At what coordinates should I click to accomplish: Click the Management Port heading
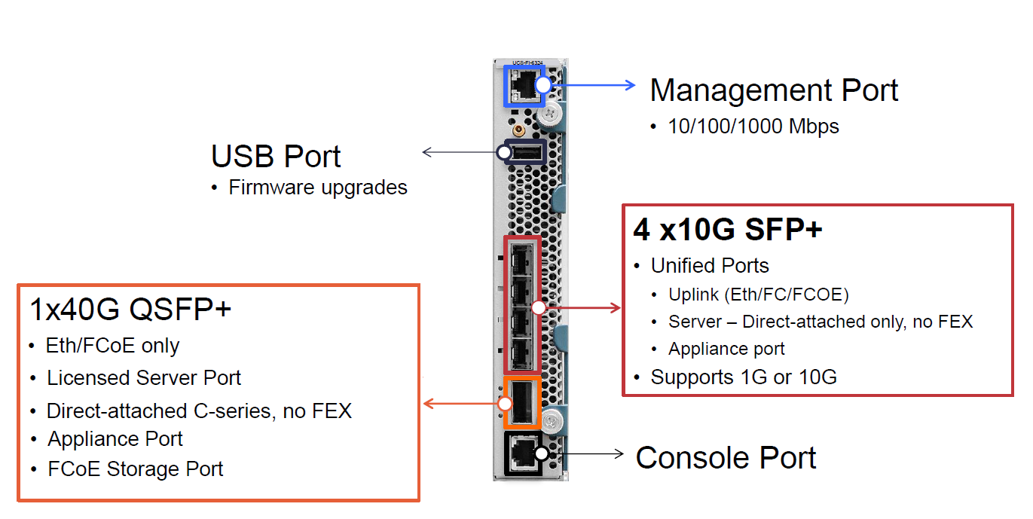coord(774,90)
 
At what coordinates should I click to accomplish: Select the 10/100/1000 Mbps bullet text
coord(753,126)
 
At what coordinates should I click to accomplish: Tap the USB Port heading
coord(276,157)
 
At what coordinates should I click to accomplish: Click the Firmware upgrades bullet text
coord(318,188)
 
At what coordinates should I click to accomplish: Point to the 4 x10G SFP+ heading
coord(727,230)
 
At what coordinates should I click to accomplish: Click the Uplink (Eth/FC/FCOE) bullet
coord(759,295)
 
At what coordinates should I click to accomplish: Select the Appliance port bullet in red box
coord(726,349)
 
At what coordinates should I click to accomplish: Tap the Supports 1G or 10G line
coord(744,377)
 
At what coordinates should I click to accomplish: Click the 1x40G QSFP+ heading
coord(130,310)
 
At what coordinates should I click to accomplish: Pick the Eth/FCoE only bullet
coord(112,346)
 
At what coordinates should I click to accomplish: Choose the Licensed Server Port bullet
coord(144,377)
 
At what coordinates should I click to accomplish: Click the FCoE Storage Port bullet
coord(136,469)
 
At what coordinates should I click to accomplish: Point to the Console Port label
coord(726,458)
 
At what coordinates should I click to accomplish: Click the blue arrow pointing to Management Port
coord(595,85)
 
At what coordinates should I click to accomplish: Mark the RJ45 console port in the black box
coord(521,453)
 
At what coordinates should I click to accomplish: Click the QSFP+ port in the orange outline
coord(521,403)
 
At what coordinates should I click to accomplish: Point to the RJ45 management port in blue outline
coord(521,85)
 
